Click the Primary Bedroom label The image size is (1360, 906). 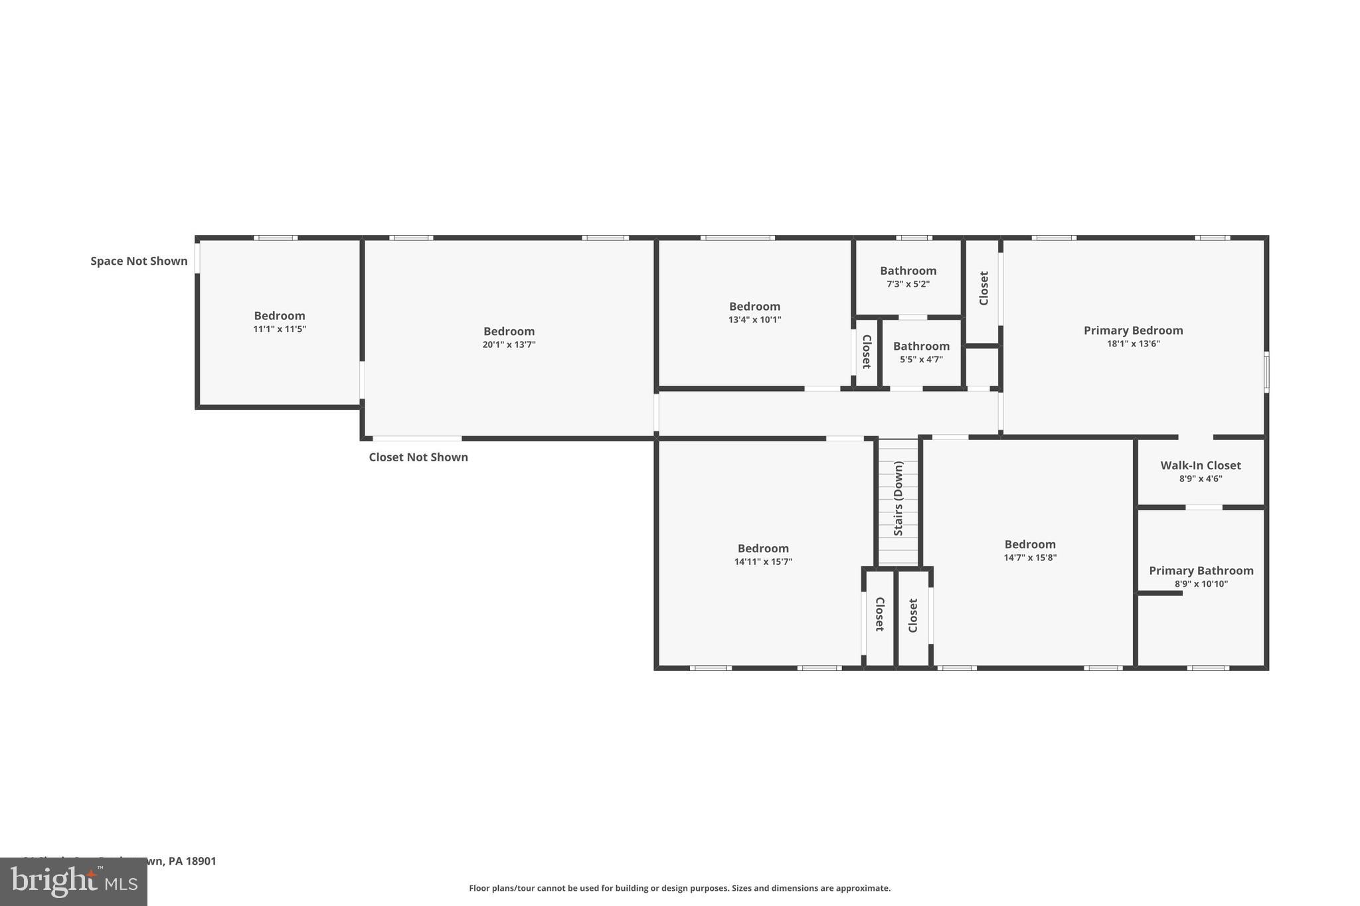[1133, 331]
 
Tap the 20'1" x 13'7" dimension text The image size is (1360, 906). [509, 344]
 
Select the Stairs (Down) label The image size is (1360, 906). [898, 498]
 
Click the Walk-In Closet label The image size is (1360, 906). [1200, 465]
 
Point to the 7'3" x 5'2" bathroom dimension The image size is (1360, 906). [908, 284]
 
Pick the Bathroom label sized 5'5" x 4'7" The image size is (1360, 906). [921, 346]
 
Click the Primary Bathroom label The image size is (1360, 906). [1201, 571]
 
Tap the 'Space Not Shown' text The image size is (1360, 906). [139, 261]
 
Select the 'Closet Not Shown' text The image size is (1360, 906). [418, 457]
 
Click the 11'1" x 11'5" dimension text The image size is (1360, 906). [279, 329]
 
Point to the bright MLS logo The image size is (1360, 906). [74, 881]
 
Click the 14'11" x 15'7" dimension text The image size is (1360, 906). [763, 562]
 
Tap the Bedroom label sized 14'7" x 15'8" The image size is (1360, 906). [1029, 544]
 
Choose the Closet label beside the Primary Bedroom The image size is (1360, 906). [983, 288]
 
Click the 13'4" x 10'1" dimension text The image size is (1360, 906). [754, 320]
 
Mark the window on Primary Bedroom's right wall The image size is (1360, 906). [1266, 372]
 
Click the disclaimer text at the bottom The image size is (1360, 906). [679, 888]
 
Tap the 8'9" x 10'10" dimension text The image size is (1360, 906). [1201, 584]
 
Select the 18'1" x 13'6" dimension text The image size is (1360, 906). [1133, 344]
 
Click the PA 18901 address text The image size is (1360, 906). [192, 861]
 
